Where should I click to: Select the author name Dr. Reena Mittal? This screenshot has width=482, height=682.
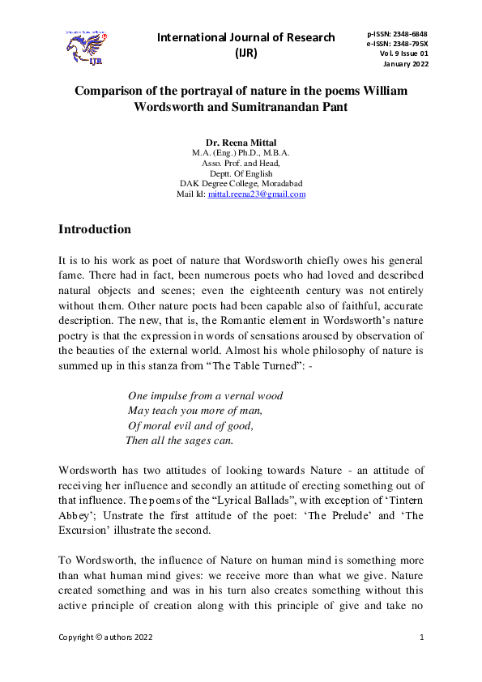[241, 143]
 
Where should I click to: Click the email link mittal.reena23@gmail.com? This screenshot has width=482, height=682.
[257, 194]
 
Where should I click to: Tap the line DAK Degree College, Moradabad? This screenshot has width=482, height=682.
[241, 184]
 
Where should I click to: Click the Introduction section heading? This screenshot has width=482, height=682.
[95, 229]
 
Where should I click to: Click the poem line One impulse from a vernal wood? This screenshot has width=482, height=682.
[205, 396]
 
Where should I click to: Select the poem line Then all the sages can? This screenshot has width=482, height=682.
[179, 441]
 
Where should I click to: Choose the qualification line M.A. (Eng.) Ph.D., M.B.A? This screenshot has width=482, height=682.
[241, 152]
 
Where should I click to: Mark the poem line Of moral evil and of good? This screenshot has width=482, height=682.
[190, 425]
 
